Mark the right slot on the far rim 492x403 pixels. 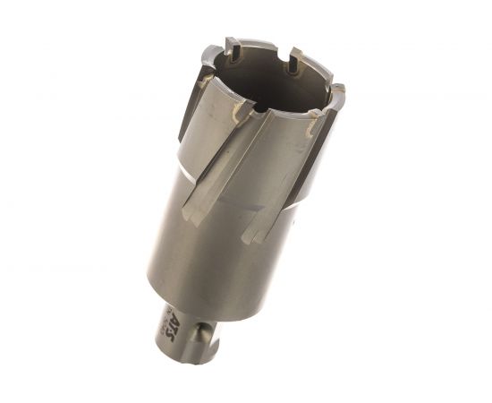[x=293, y=64]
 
